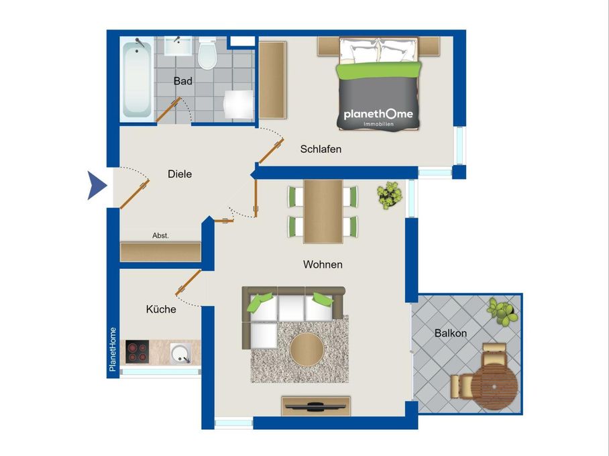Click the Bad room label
click(x=182, y=81)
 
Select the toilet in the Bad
click(x=207, y=54)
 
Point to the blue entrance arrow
click(x=97, y=186)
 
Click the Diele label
click(x=180, y=174)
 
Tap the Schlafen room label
click(x=321, y=149)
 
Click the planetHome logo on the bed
click(x=378, y=115)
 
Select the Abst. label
click(x=160, y=235)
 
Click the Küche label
click(x=161, y=309)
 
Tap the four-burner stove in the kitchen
click(x=137, y=351)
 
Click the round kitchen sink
click(x=180, y=351)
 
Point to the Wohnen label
click(x=323, y=265)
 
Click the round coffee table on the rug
click(x=307, y=349)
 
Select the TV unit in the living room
click(x=316, y=405)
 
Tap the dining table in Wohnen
click(x=323, y=211)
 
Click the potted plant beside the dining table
click(x=388, y=195)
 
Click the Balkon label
click(x=450, y=333)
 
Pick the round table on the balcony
click(x=497, y=386)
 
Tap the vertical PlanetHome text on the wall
click(x=113, y=349)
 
